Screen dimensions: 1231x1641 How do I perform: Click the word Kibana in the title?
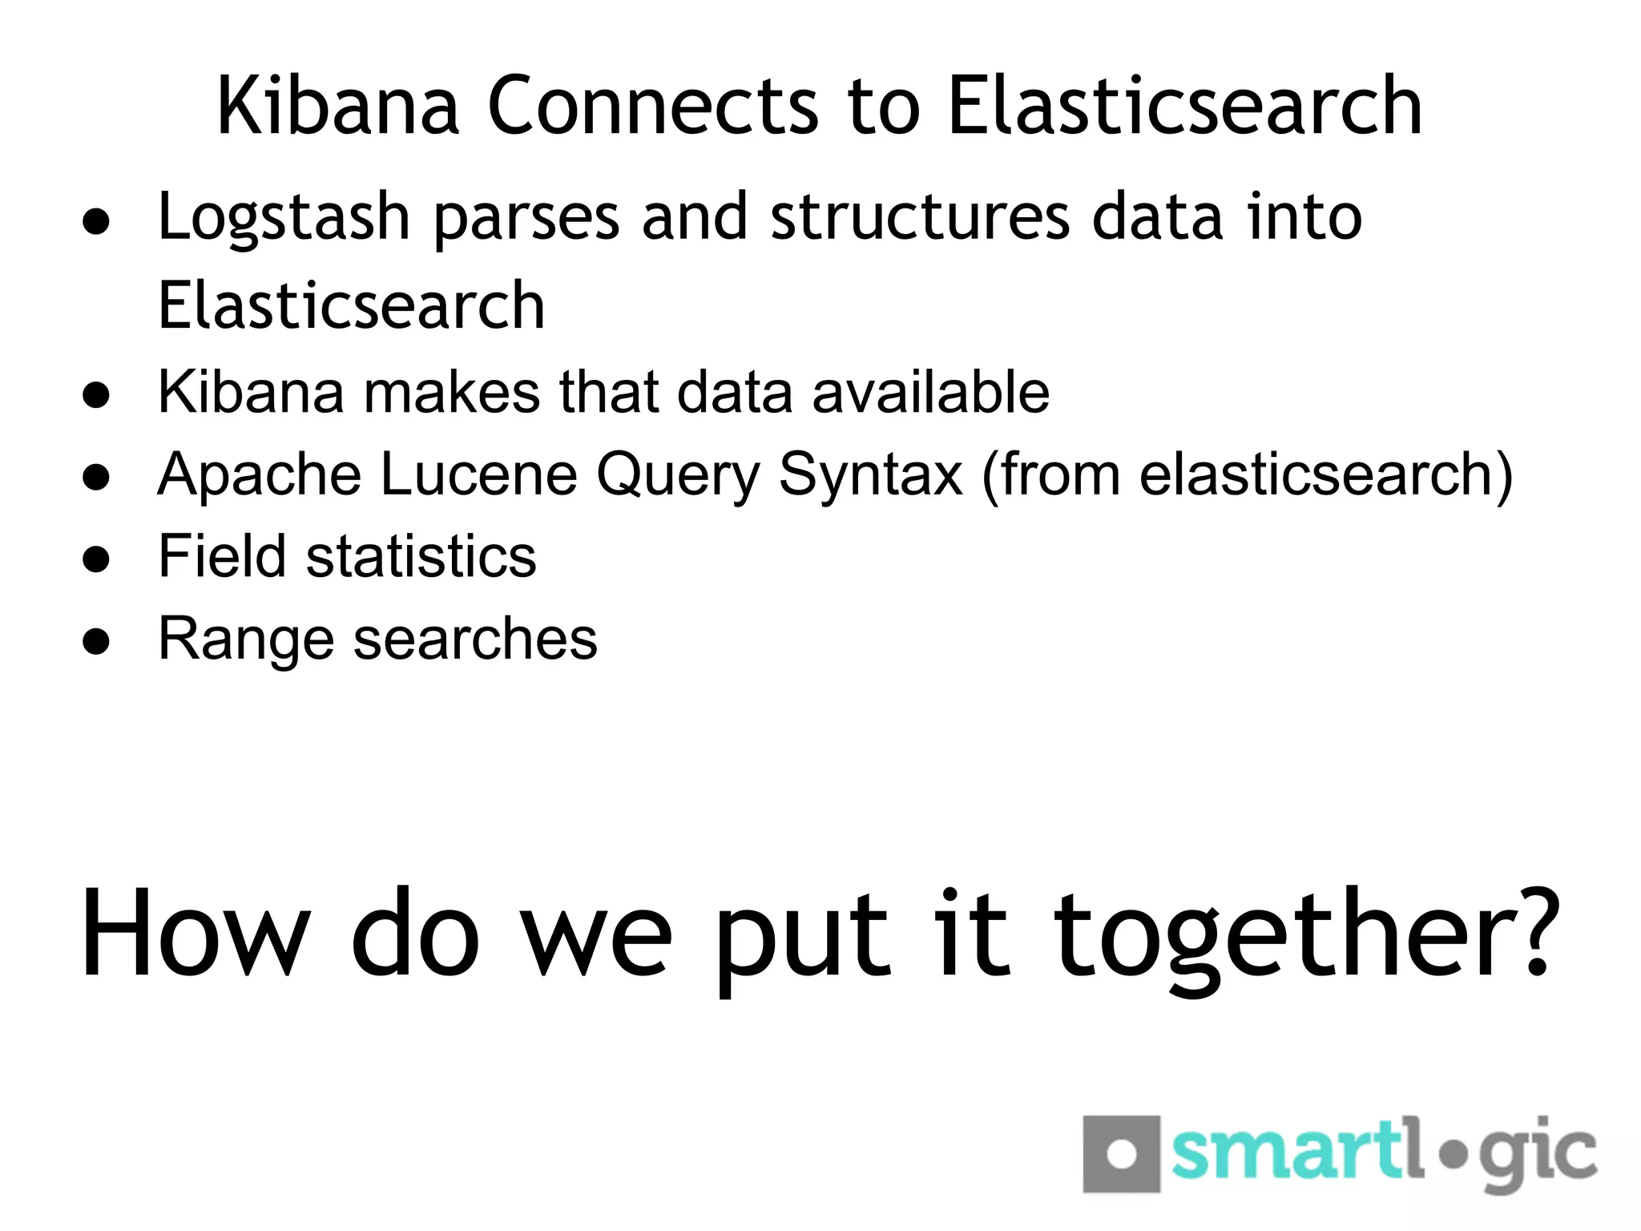337,106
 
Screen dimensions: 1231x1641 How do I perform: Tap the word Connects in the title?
653,106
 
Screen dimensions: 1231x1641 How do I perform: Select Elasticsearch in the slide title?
1184,106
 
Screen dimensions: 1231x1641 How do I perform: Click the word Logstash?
284,218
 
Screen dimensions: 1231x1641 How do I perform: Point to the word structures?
920,218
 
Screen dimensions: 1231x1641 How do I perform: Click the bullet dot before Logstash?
96,223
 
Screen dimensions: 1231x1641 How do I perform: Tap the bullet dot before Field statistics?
96,559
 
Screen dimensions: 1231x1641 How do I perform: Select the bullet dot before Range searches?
96,641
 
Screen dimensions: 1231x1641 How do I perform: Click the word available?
930,392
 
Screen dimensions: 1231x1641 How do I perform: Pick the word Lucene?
478,474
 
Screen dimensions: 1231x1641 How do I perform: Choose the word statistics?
421,556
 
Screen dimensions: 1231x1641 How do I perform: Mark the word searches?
475,640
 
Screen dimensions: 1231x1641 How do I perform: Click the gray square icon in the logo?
1121,1154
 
